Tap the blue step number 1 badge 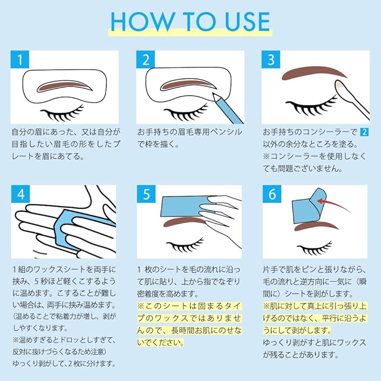click(x=20, y=59)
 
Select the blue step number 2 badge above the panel click(x=145, y=59)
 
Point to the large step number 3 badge click(x=270, y=59)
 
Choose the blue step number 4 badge click(x=20, y=194)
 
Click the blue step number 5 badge click(x=146, y=194)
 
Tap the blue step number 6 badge click(x=272, y=194)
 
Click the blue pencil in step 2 click(x=227, y=108)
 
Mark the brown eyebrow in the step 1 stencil click(x=65, y=86)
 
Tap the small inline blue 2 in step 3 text click(x=364, y=132)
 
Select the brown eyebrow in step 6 click(x=316, y=226)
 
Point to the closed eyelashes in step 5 click(x=185, y=245)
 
